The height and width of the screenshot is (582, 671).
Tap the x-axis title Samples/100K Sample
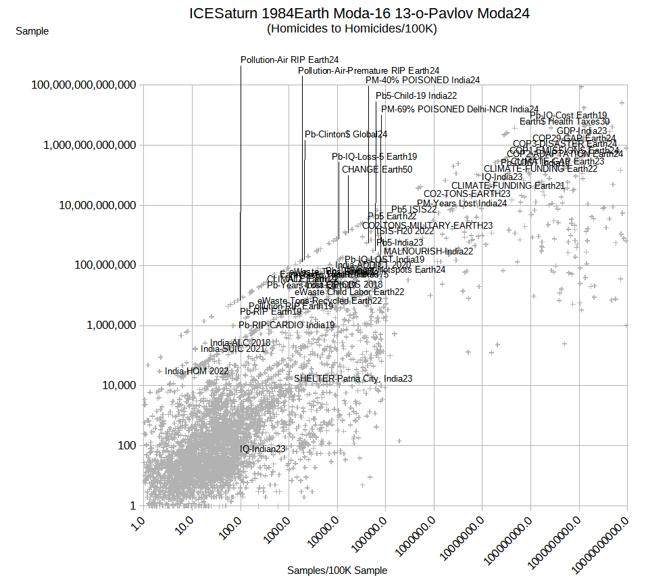click(337, 570)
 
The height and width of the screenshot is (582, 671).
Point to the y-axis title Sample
click(32, 31)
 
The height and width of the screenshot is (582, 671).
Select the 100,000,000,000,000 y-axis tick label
click(84, 85)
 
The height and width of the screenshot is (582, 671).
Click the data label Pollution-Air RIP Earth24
click(289, 60)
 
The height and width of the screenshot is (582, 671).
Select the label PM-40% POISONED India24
click(422, 80)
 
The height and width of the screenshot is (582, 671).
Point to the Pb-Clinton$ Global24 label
click(345, 135)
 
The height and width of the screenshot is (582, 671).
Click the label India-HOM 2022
click(197, 372)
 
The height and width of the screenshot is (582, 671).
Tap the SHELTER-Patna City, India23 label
click(353, 379)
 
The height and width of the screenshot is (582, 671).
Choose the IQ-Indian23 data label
click(262, 449)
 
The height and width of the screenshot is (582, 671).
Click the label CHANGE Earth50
click(376, 169)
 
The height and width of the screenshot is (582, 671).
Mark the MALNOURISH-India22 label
click(428, 251)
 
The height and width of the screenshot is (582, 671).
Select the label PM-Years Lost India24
click(462, 203)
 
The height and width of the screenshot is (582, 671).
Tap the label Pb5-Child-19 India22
click(416, 96)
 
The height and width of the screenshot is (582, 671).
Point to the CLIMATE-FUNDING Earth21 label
click(507, 185)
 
